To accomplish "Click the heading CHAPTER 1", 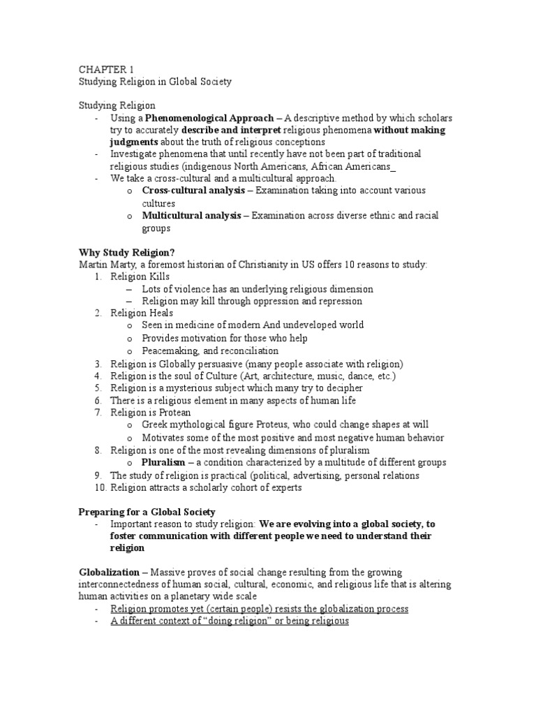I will [104, 68].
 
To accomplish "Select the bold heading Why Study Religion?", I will [126, 251].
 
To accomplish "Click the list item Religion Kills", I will [140, 277].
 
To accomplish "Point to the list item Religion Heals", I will [142, 314].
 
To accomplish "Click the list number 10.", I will [98, 487].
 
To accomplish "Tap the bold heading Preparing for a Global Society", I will [147, 511].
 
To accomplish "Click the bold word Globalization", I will [110, 572].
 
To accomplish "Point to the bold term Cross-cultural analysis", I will [193, 191].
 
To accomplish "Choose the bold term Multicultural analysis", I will [193, 216].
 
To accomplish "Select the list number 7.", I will [98, 412].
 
